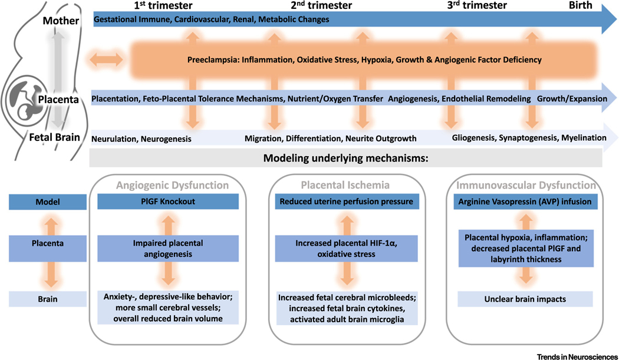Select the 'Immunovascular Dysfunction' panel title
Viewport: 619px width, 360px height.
[x=525, y=185]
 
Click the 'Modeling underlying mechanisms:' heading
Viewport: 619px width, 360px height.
[x=345, y=158]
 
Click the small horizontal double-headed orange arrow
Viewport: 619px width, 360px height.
[x=106, y=59]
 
